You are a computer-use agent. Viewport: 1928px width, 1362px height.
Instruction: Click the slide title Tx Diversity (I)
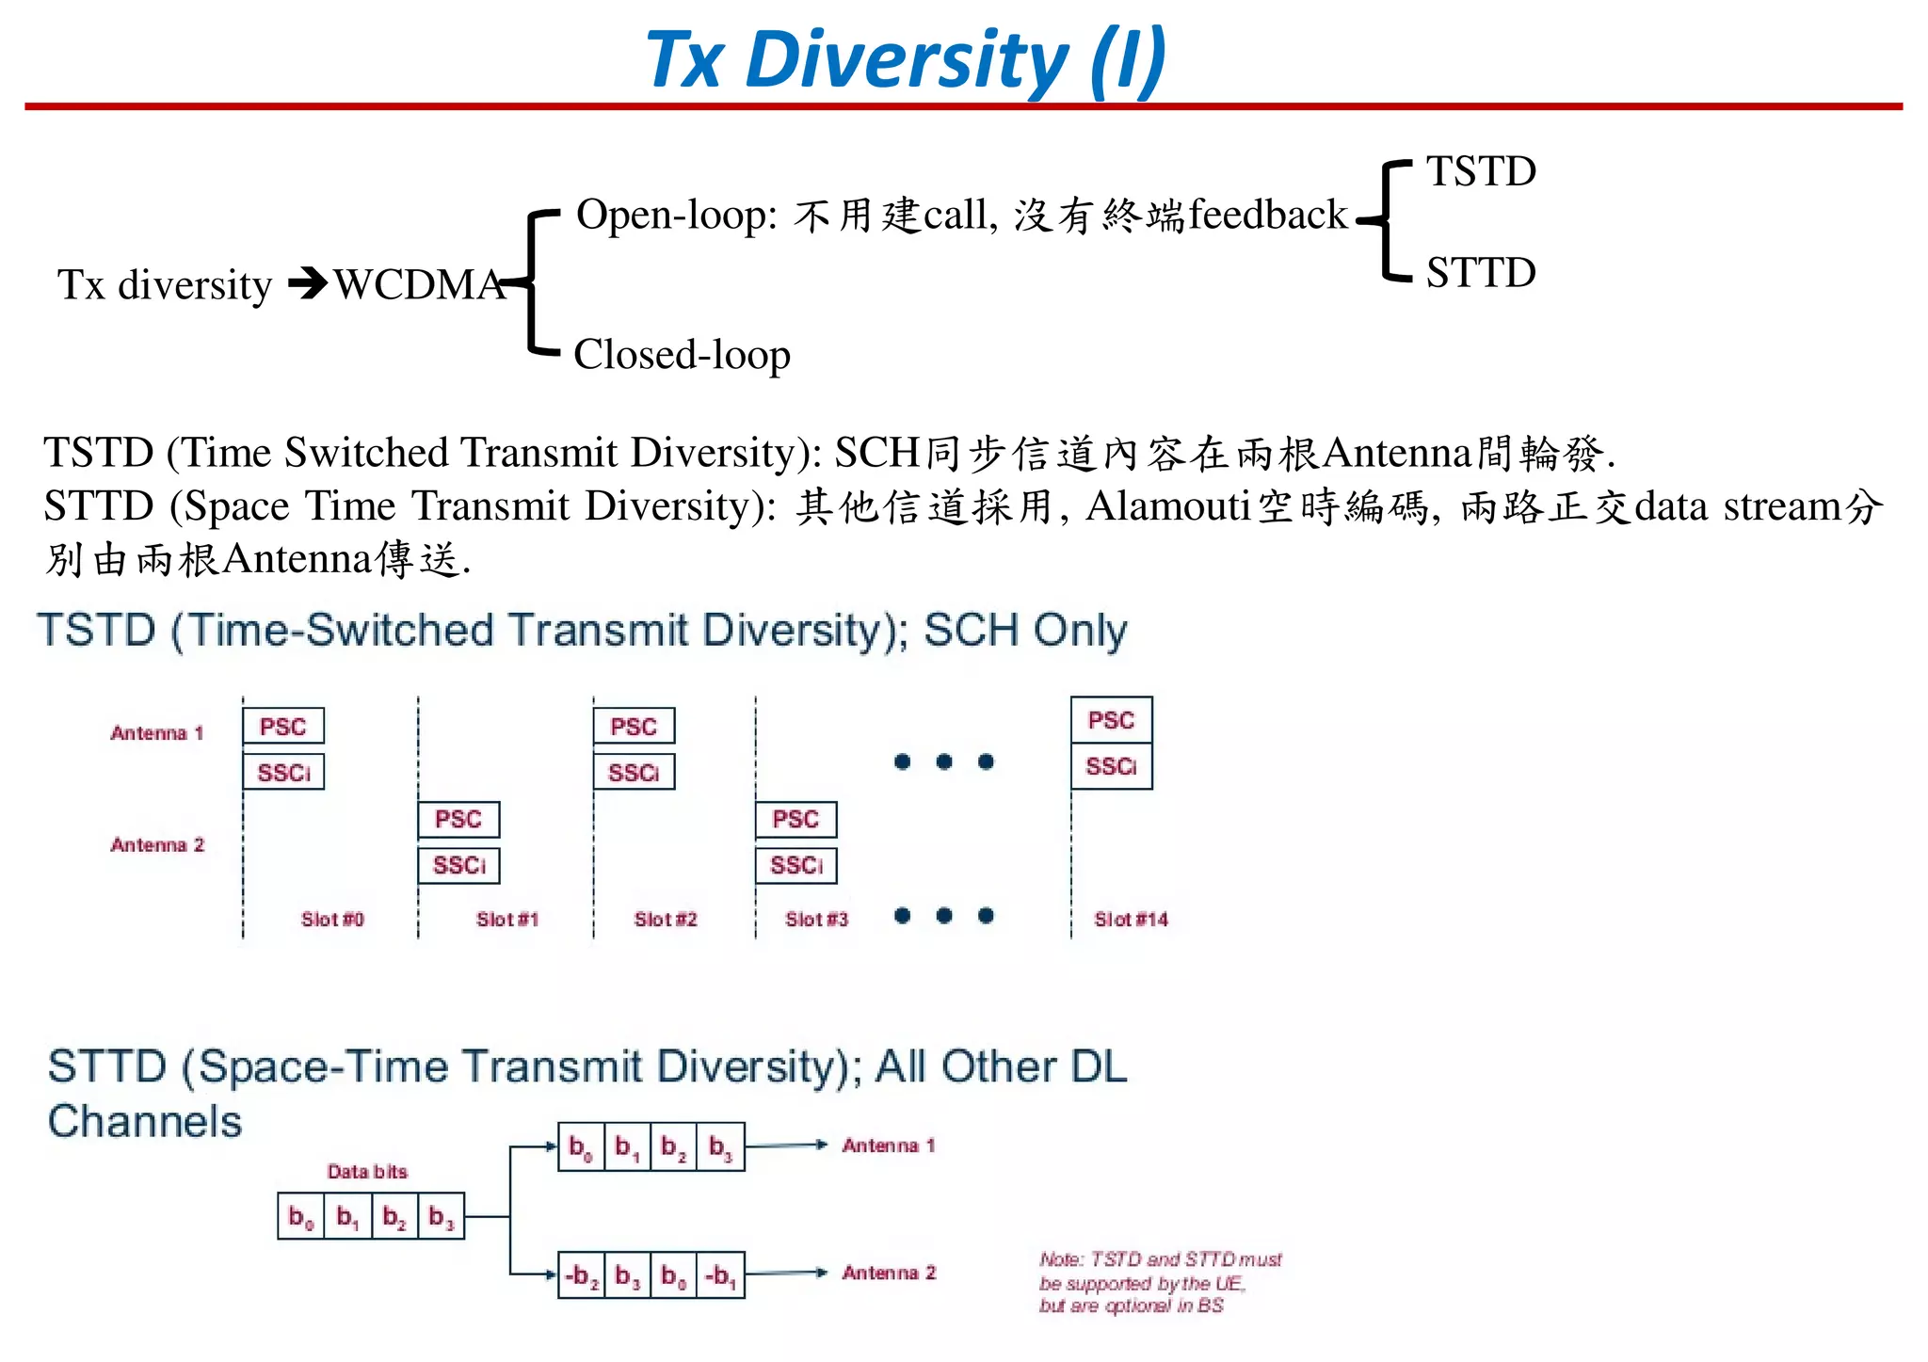tap(905, 58)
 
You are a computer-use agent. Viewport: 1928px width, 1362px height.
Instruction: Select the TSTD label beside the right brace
tap(1481, 171)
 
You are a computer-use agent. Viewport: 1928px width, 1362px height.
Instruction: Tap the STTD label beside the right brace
tap(1481, 272)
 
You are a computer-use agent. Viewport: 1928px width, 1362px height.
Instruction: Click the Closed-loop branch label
tap(682, 355)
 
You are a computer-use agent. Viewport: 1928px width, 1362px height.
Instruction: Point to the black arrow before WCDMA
tap(308, 283)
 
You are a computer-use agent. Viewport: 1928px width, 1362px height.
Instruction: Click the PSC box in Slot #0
tap(283, 727)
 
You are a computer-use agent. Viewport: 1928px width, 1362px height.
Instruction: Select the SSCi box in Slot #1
tap(458, 865)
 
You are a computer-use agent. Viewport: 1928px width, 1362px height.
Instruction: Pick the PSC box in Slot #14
tap(1111, 721)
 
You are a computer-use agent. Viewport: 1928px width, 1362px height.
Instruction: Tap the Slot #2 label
tap(666, 920)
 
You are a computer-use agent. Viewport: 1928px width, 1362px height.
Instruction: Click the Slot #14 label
tap(1131, 920)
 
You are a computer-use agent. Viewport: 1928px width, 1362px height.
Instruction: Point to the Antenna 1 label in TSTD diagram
tap(157, 733)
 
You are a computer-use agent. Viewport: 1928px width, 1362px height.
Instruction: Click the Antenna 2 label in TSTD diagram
tap(157, 845)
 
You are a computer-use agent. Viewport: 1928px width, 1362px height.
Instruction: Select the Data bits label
tap(367, 1172)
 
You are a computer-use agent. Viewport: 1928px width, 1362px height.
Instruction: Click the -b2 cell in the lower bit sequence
tap(582, 1275)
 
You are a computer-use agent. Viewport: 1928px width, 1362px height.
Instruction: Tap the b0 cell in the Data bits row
tap(301, 1217)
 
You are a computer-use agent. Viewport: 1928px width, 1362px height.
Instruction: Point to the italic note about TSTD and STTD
tap(1160, 1282)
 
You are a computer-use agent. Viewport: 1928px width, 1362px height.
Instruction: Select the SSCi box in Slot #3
tap(795, 865)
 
